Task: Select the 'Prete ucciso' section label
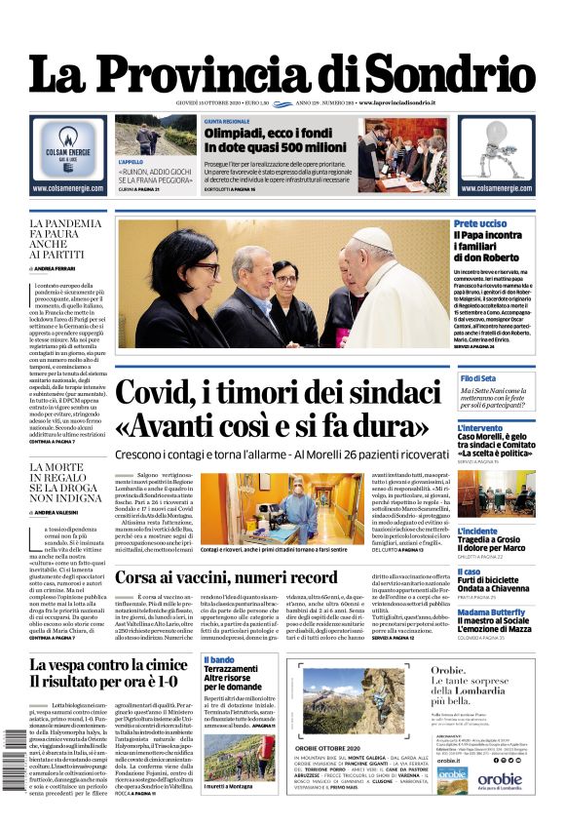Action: pos(479,225)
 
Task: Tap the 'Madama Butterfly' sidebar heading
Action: pos(495,612)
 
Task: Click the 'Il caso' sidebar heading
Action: pos(469,572)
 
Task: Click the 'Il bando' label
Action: pos(219,660)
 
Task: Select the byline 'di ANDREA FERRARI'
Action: pos(59,267)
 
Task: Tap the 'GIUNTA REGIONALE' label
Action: pos(226,121)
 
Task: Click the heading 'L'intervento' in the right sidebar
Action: pos(481,427)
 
